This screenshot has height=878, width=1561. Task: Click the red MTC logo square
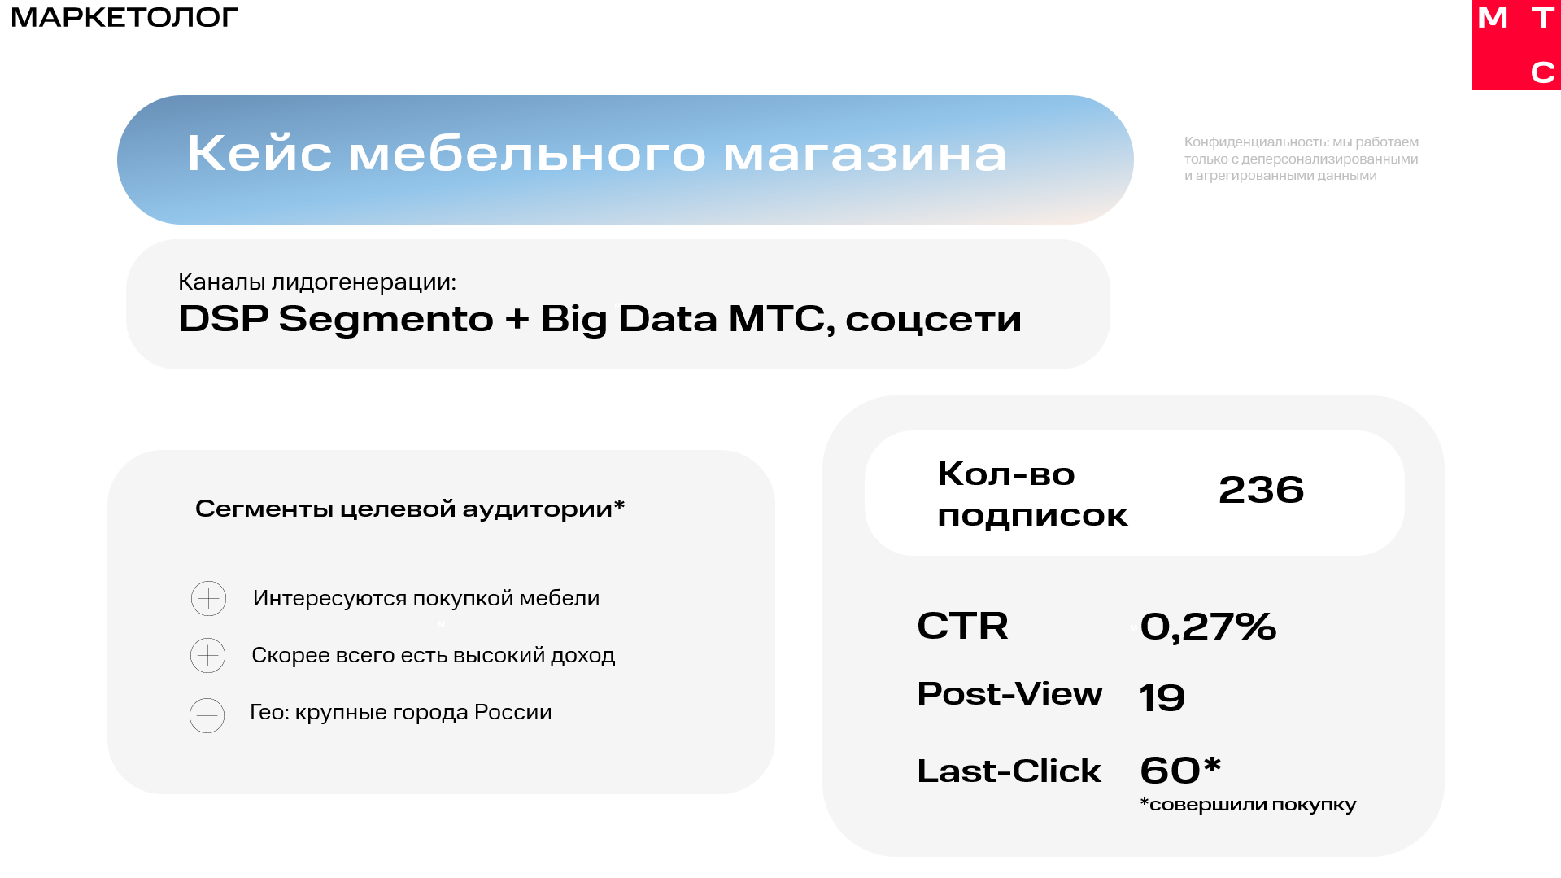click(x=1516, y=44)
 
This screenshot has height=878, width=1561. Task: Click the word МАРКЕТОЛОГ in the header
click(x=124, y=17)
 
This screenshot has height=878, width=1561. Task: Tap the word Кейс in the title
click(x=259, y=153)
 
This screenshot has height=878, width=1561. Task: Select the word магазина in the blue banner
click(x=865, y=155)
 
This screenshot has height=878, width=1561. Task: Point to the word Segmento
click(x=386, y=319)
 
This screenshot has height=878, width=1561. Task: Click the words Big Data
click(x=629, y=319)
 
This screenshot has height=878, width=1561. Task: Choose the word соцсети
click(x=933, y=320)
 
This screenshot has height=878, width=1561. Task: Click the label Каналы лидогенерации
click(x=316, y=282)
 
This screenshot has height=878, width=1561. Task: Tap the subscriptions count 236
click(x=1261, y=490)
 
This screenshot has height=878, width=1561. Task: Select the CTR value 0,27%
click(x=1208, y=627)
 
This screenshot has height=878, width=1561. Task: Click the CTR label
click(x=962, y=626)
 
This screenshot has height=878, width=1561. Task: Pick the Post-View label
click(x=1009, y=694)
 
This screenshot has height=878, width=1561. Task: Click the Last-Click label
click(x=1009, y=771)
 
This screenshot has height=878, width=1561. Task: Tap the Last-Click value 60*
click(x=1180, y=770)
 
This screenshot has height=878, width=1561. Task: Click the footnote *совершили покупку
click(x=1248, y=805)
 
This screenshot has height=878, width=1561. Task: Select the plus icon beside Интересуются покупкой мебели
click(x=208, y=599)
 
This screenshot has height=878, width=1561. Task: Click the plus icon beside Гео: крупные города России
click(x=207, y=716)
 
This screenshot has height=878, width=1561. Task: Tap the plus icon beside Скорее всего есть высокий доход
click(x=207, y=656)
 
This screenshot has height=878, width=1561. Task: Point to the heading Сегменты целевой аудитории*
click(x=410, y=509)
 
